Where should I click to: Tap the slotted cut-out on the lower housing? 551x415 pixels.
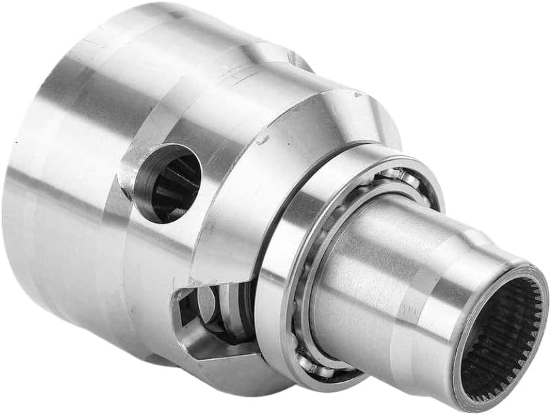[209, 314]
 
